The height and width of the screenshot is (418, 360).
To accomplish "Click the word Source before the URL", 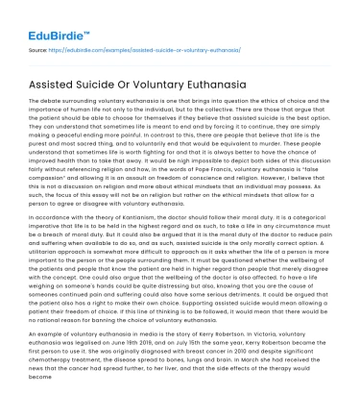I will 40,45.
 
